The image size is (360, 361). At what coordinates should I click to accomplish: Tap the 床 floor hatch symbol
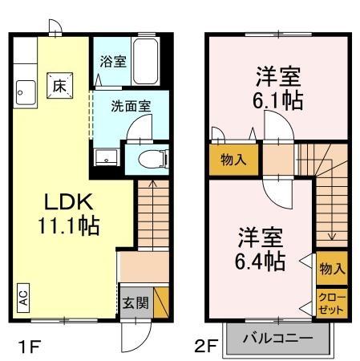click(x=59, y=83)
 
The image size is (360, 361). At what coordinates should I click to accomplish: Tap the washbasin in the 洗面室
click(x=104, y=157)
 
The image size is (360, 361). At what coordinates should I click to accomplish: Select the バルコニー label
click(x=277, y=338)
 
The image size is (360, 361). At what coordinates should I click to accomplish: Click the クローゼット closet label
click(x=330, y=303)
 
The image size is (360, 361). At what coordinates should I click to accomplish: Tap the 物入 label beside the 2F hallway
click(x=233, y=160)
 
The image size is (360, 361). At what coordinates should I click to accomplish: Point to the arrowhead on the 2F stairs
click(x=331, y=237)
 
